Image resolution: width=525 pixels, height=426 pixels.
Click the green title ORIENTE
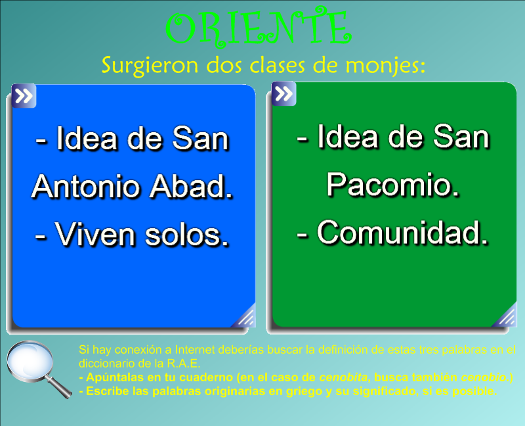tap(259, 28)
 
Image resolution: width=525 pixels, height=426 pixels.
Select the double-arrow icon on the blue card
tap(24, 96)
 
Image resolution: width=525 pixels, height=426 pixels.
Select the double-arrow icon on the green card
tap(284, 93)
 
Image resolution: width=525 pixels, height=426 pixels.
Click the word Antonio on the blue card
tap(85, 187)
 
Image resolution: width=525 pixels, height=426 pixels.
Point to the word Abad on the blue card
tap(191, 187)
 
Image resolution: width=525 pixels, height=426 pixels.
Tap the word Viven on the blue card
tap(95, 235)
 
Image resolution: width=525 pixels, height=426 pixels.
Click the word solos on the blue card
tap(187, 235)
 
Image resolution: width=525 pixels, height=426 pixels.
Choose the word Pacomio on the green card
tap(392, 185)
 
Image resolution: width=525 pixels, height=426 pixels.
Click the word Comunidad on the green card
tap(402, 233)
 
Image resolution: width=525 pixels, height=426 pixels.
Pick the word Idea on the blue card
tap(87, 138)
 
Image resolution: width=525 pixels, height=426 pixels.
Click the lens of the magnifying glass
tap(30, 361)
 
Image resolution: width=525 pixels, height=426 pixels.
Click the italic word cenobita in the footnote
tap(343, 377)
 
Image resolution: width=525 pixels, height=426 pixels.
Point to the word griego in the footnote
tap(301, 391)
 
